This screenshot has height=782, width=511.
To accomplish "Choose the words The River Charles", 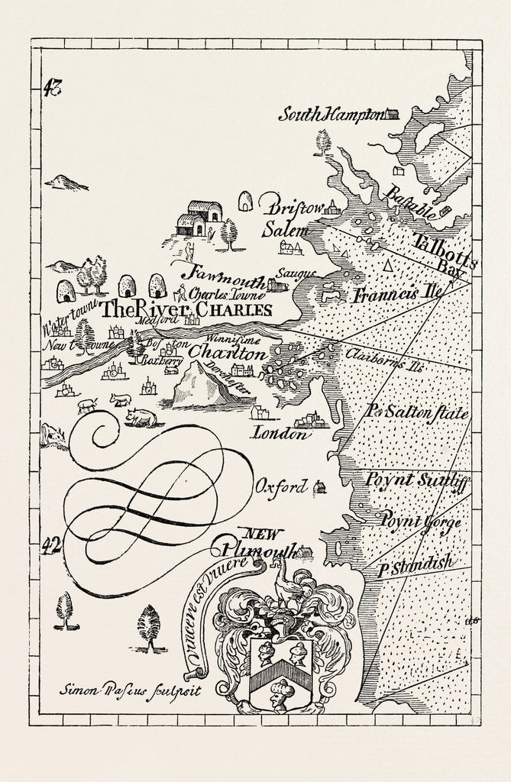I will [x=186, y=309].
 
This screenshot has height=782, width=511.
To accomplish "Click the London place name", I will [x=280, y=435].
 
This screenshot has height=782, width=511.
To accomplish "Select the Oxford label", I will [x=281, y=486].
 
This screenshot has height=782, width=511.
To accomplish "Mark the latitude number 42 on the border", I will [x=52, y=544].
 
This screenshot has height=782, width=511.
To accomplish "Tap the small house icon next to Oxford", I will [x=319, y=486].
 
